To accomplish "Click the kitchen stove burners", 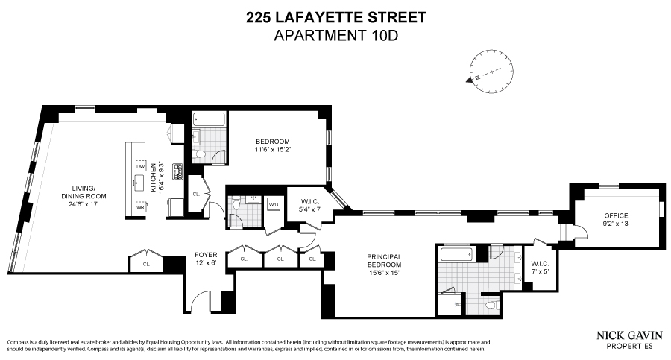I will point(178,172).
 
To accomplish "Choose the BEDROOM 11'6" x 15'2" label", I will point(272,145).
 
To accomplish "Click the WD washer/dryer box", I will point(274,203).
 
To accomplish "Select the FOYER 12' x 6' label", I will point(206,258).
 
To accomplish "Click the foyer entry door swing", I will point(201,303).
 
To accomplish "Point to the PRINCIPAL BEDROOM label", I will point(384,264).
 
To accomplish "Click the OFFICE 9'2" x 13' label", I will point(616,219).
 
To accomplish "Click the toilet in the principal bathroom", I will point(491,306).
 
